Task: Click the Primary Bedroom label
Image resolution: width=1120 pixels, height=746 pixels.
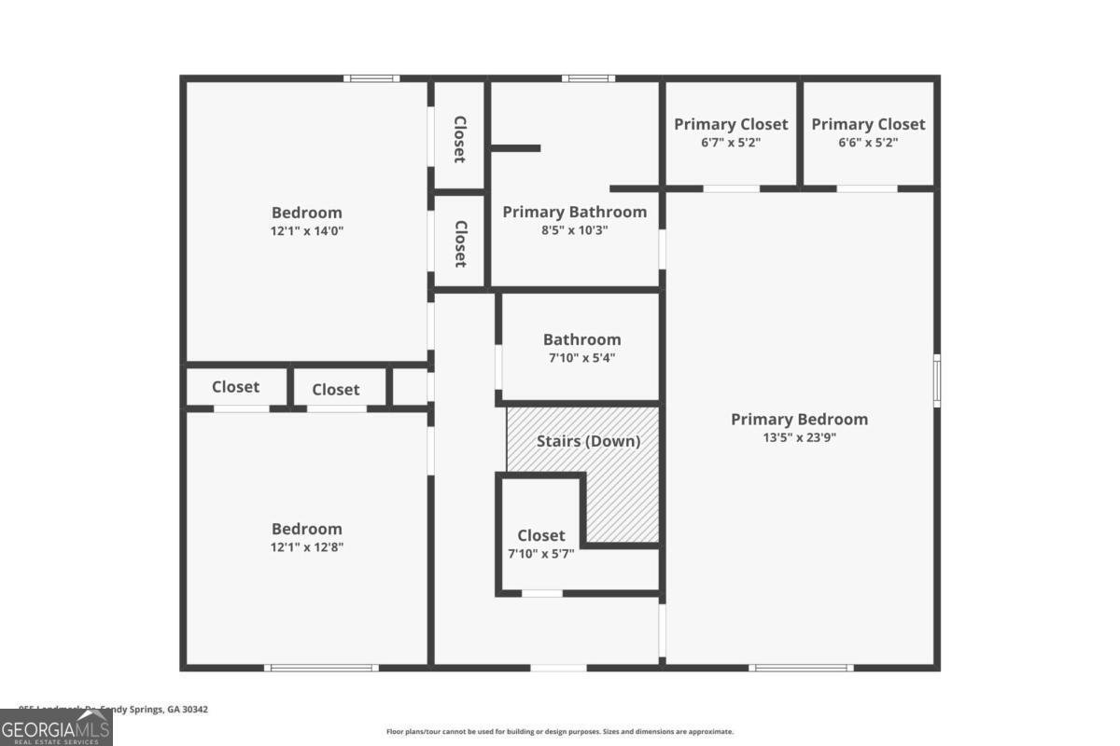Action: (x=799, y=420)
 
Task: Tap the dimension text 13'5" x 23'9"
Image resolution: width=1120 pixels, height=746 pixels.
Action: (x=799, y=437)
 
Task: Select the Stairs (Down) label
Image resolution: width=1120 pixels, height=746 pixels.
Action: (x=588, y=441)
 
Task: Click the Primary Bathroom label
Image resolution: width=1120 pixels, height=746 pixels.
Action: (x=574, y=212)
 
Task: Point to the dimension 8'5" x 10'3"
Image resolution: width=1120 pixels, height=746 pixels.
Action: (x=574, y=230)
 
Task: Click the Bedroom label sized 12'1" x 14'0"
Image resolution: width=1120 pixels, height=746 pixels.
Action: (x=306, y=213)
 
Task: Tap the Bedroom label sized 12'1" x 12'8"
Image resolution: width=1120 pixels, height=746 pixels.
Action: (x=306, y=529)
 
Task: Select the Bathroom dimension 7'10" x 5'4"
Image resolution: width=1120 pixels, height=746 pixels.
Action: (x=581, y=357)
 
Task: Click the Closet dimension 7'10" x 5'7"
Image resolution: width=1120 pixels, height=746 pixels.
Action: (x=540, y=553)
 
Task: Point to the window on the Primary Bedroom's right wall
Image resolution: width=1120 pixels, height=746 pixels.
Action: (x=936, y=380)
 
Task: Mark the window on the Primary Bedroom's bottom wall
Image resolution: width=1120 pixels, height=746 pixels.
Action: (x=801, y=668)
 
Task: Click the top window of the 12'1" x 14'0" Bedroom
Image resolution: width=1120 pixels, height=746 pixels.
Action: (x=371, y=78)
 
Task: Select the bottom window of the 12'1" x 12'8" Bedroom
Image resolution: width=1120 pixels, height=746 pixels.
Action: (x=322, y=668)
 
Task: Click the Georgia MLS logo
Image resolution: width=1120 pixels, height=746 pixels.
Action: (x=56, y=727)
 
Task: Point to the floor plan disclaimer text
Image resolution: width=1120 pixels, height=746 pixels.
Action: (x=560, y=732)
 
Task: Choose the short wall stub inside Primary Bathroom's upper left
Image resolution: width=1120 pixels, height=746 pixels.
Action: (x=515, y=147)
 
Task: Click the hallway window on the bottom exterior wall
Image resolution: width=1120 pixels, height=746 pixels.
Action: (x=558, y=668)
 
